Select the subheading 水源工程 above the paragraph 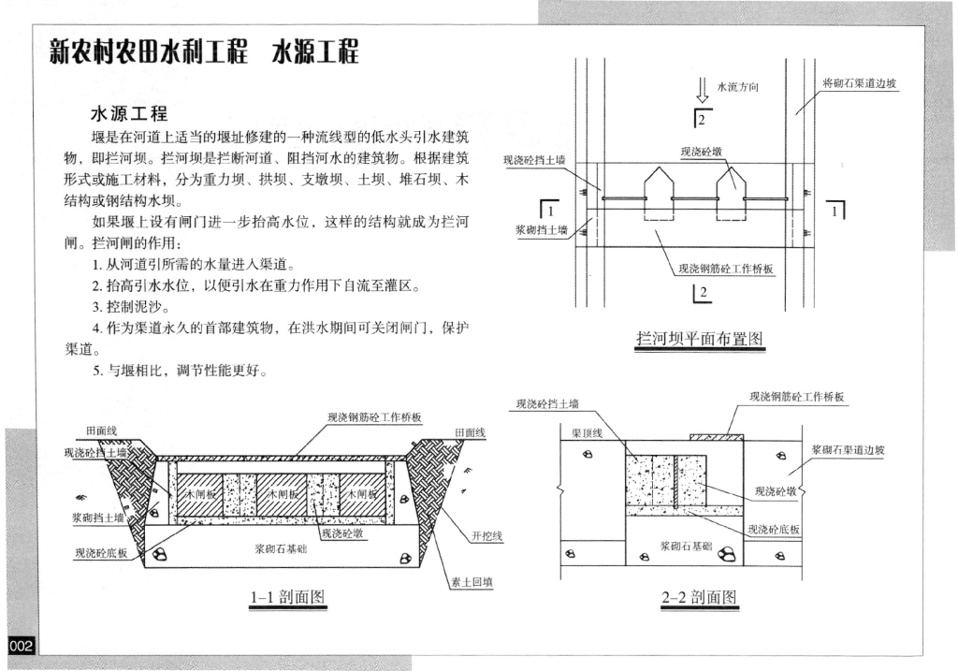(128, 114)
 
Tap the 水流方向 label (736, 87)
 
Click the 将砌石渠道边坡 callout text (859, 83)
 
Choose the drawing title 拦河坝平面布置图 (700, 339)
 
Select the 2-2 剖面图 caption (699, 597)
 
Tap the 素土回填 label (472, 581)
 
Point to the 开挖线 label (487, 536)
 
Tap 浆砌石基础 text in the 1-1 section (283, 549)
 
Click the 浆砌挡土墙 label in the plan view (542, 229)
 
